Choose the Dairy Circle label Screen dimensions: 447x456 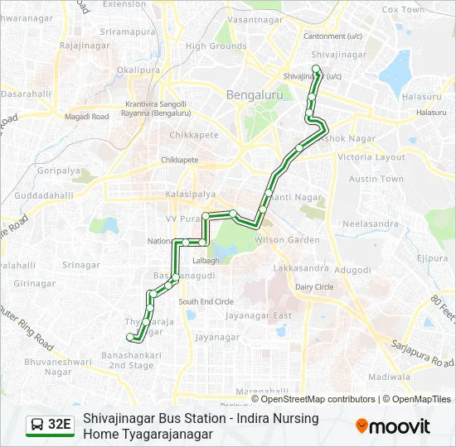(x=314, y=287)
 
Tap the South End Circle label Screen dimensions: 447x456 (x=206, y=302)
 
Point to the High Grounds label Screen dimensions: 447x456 (x=216, y=46)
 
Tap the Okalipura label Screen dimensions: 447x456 (x=138, y=71)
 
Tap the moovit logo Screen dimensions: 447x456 (x=393, y=426)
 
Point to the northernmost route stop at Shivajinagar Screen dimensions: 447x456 (x=315, y=69)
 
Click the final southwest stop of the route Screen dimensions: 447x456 (x=129, y=337)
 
